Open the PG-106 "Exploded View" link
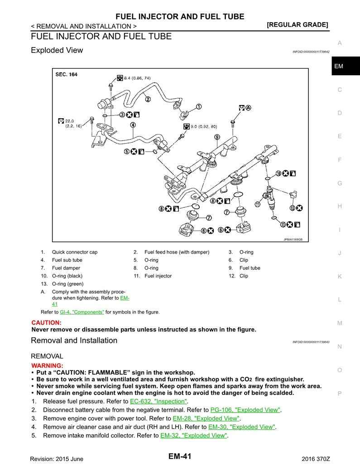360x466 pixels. [x=245, y=410]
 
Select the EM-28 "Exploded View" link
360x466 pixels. [x=206, y=418]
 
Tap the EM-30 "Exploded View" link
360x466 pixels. [x=241, y=427]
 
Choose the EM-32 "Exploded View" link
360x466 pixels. [x=193, y=435]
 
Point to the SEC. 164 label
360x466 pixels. [x=66, y=74]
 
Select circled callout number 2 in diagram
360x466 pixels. [x=148, y=99]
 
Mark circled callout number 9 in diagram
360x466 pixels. [x=217, y=137]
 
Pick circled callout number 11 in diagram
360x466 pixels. [x=257, y=205]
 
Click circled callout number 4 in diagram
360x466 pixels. [x=133, y=125]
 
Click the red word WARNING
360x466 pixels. [x=47, y=365]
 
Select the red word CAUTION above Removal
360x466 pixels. [x=46, y=322]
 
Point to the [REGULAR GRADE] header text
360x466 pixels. [x=298, y=25]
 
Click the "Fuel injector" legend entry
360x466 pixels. [x=158, y=276]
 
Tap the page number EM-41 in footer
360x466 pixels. [x=180, y=456]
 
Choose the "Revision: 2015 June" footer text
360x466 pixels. [x=57, y=459]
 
